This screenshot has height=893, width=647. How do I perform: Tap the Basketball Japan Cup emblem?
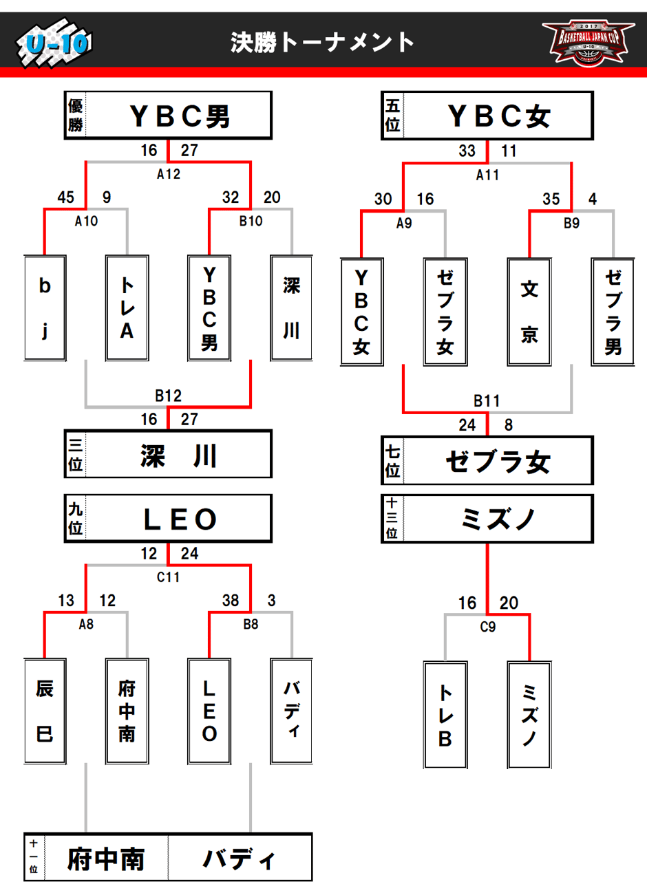tap(588, 42)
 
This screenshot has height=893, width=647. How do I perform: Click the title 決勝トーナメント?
tap(322, 43)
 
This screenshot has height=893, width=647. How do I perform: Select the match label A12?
tap(169, 174)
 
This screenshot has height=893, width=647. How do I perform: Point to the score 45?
tap(66, 197)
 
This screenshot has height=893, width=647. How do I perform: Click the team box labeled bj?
tap(45, 308)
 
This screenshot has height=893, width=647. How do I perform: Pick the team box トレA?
tap(127, 308)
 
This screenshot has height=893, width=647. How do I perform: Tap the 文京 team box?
tap(529, 311)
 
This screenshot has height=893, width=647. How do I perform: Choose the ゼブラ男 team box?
tap(613, 311)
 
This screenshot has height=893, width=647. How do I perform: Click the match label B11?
tap(487, 400)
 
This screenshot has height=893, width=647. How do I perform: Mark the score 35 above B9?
tap(551, 200)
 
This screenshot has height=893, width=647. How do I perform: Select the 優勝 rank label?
tap(76, 115)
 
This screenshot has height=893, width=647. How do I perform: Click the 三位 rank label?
tap(76, 454)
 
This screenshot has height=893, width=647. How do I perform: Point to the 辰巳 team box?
tap(45, 711)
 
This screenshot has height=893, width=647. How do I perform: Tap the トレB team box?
tap(445, 715)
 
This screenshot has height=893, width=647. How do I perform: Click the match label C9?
tap(487, 627)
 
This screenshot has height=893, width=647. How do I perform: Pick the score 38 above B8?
tap(231, 601)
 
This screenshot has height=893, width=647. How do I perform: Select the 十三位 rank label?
tap(392, 518)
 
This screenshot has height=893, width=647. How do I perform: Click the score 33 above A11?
tap(467, 151)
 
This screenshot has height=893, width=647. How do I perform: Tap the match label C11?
tap(169, 577)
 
